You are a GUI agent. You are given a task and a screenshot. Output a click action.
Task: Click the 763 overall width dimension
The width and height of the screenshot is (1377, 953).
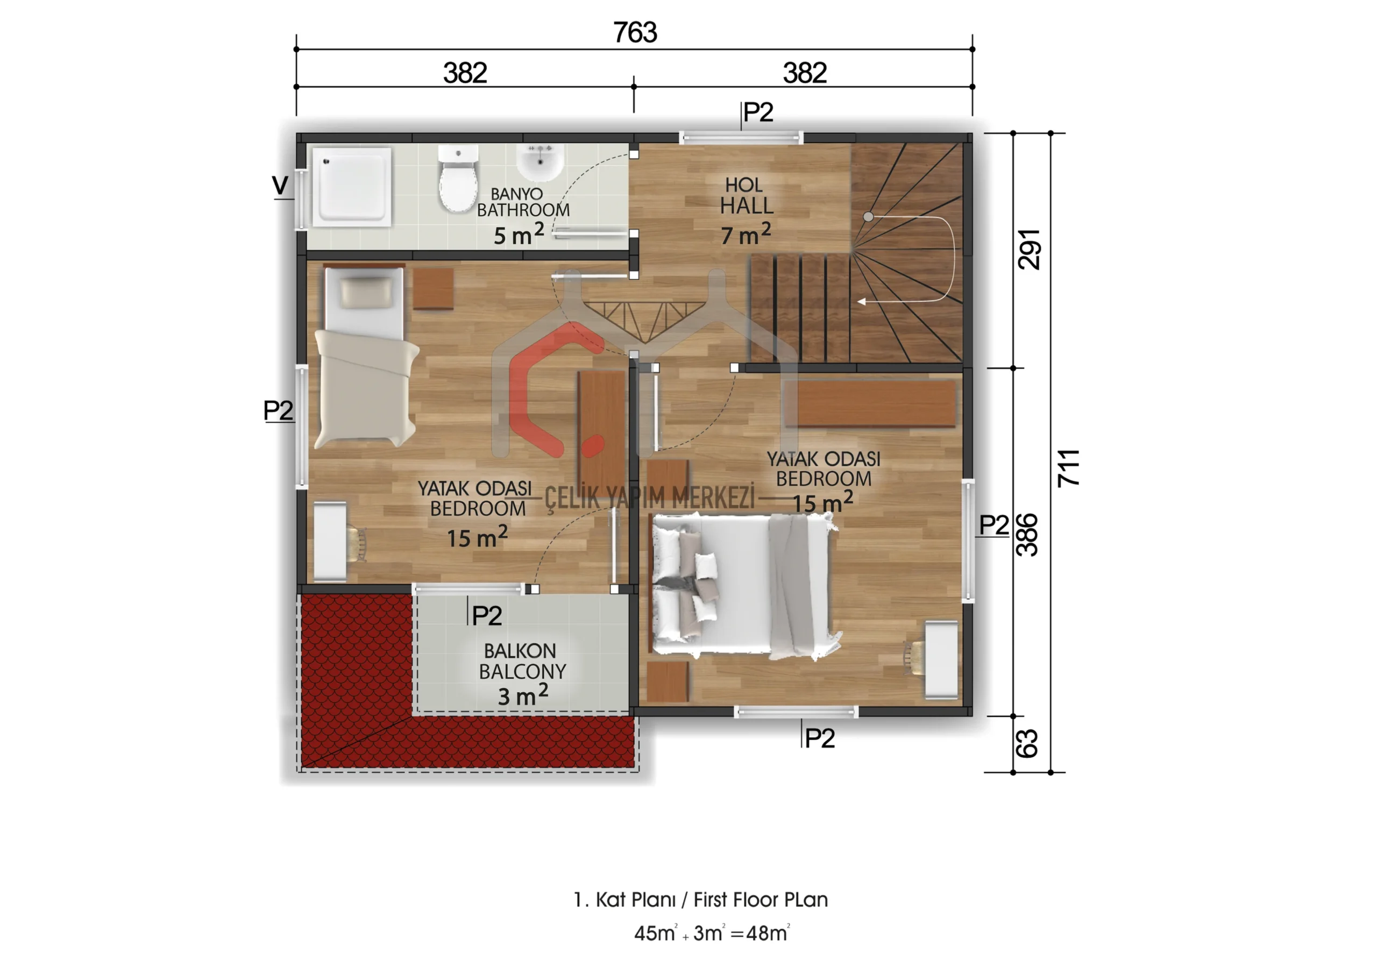(x=635, y=32)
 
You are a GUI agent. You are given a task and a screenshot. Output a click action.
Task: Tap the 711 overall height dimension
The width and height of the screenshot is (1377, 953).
(x=1068, y=467)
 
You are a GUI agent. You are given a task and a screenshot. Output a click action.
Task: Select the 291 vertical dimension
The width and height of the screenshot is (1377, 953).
(x=1029, y=249)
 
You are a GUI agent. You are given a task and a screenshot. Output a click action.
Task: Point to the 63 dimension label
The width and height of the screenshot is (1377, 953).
(x=1026, y=743)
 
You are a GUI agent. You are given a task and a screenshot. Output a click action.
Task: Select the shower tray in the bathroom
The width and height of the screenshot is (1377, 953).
(x=352, y=187)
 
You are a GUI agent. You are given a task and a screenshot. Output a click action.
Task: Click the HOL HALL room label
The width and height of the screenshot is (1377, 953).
(x=746, y=196)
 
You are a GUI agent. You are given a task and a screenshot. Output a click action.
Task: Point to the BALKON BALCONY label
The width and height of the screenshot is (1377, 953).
(x=522, y=661)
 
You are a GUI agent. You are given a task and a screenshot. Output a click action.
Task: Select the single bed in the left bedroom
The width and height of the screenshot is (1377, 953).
(x=365, y=357)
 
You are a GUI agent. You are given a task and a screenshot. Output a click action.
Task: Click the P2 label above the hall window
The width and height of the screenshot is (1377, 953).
(x=758, y=112)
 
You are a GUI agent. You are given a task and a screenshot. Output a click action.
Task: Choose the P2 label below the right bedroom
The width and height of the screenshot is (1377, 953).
(x=819, y=738)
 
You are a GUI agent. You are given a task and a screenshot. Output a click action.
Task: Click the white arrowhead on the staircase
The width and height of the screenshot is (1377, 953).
(x=861, y=302)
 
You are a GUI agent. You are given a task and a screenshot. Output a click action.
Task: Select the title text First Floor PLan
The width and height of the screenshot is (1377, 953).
(x=761, y=900)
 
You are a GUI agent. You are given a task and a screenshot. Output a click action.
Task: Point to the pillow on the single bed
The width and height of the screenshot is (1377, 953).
(x=367, y=292)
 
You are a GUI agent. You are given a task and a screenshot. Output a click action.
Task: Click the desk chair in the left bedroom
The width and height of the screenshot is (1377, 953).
(x=357, y=544)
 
